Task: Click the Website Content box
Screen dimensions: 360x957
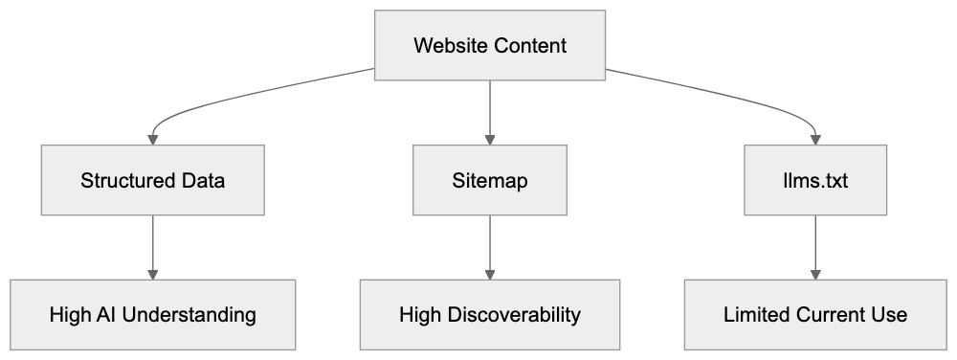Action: point(489,45)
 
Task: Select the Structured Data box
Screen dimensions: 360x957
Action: point(153,180)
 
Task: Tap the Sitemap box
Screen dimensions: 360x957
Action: point(489,180)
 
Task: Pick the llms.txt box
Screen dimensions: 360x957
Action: point(815,180)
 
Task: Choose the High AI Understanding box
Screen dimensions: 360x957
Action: point(153,314)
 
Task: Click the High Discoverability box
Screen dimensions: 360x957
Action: point(489,314)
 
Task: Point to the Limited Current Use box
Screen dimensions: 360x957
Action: point(815,314)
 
